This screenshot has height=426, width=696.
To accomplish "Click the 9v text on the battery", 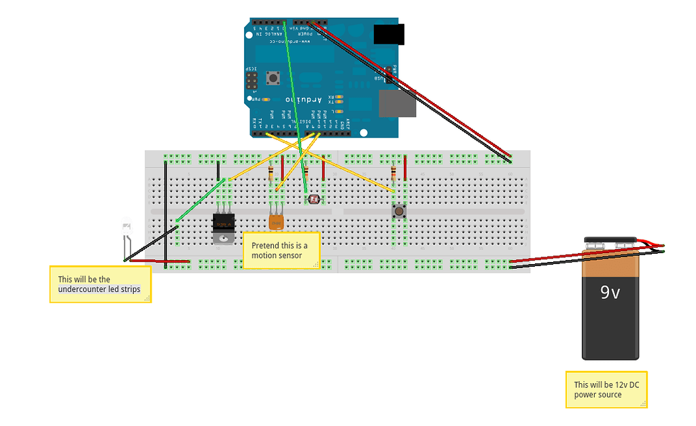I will [610, 293].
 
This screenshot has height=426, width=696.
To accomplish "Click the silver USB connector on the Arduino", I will [397, 103].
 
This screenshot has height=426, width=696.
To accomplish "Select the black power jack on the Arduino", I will [389, 34].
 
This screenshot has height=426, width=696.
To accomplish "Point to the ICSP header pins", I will [251, 82].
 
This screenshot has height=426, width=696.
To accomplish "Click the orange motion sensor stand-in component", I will [275, 222].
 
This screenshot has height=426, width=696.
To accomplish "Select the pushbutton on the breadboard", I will [399, 212].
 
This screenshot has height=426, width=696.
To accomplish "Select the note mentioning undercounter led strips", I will [100, 284].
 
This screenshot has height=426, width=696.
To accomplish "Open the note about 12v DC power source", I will [606, 390].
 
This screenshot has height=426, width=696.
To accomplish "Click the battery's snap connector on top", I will [611, 243].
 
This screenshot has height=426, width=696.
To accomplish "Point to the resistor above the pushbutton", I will [394, 174].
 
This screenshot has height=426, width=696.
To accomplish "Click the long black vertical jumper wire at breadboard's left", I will [166, 211].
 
